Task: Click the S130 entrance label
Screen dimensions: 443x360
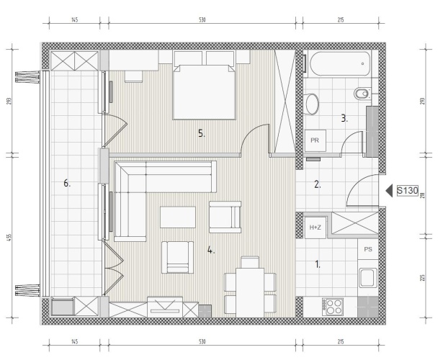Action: (407, 191)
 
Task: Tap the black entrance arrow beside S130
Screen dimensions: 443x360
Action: (389, 191)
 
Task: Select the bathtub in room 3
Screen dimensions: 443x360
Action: (340, 63)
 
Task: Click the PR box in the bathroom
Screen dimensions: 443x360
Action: (315, 140)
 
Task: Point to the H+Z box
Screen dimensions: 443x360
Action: (316, 228)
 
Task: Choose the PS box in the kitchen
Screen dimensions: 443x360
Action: (368, 249)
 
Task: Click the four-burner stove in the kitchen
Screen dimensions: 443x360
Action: (332, 307)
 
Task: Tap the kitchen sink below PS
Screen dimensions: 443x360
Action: (368, 278)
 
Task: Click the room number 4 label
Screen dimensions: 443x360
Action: (210, 250)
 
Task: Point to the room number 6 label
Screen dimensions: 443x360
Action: (66, 184)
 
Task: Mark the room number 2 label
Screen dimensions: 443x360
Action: (317, 184)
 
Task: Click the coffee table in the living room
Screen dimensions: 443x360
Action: (178, 217)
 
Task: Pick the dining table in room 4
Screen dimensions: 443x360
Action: (250, 292)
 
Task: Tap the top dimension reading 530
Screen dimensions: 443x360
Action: (202, 20)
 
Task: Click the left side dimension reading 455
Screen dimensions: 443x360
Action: (9, 236)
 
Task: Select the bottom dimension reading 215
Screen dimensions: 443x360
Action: (341, 342)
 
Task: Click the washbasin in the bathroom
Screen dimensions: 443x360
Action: (312, 104)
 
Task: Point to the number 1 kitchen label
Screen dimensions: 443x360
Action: (317, 264)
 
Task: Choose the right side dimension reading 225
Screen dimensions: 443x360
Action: (423, 277)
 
